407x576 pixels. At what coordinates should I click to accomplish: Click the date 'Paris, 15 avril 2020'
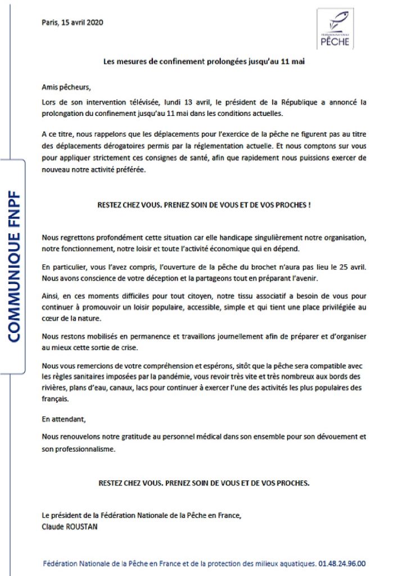(73, 22)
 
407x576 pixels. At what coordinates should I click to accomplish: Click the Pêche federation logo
(335, 28)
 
